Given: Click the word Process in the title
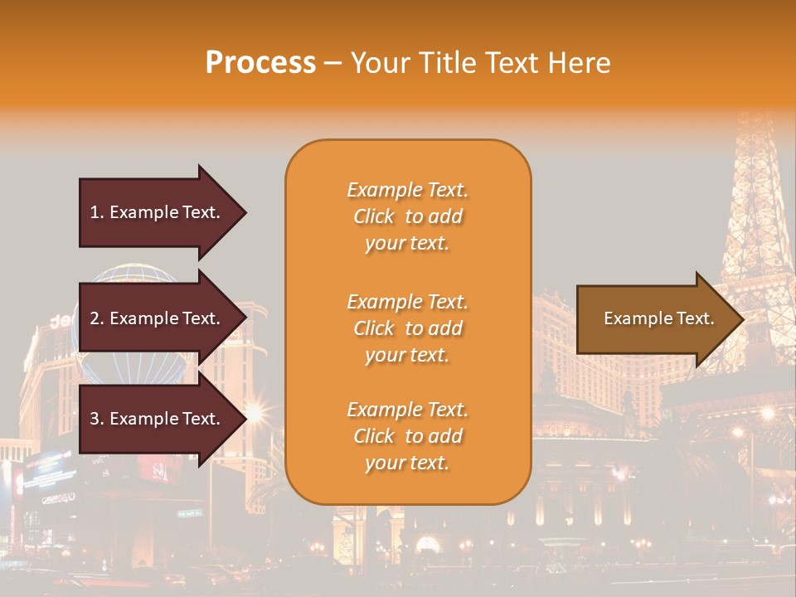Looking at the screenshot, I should (260, 63).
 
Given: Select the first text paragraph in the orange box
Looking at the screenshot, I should (407, 216).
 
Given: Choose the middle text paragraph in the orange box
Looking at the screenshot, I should (407, 328).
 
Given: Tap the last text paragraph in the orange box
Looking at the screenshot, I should (407, 436).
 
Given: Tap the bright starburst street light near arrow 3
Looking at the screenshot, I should (253, 412).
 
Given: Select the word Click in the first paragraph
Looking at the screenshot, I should (374, 216).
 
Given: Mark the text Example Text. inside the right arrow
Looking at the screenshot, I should (658, 318).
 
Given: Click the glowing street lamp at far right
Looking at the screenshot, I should (767, 413).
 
